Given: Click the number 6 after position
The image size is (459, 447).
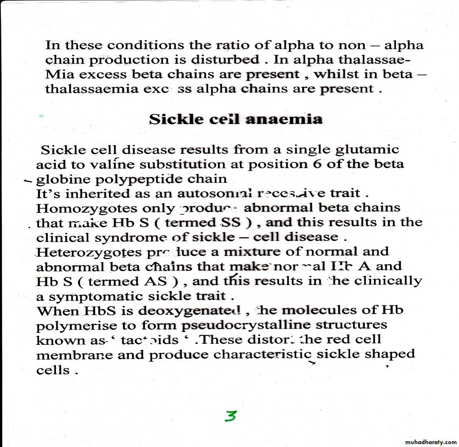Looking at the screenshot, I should click(317, 164).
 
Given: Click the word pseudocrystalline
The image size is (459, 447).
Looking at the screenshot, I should click(246, 325).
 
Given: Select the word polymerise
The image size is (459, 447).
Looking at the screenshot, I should click(77, 326).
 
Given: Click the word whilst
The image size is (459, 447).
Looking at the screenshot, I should click(336, 74).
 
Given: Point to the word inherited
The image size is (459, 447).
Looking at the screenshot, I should click(98, 194).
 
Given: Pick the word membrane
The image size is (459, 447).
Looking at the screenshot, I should click(74, 355).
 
